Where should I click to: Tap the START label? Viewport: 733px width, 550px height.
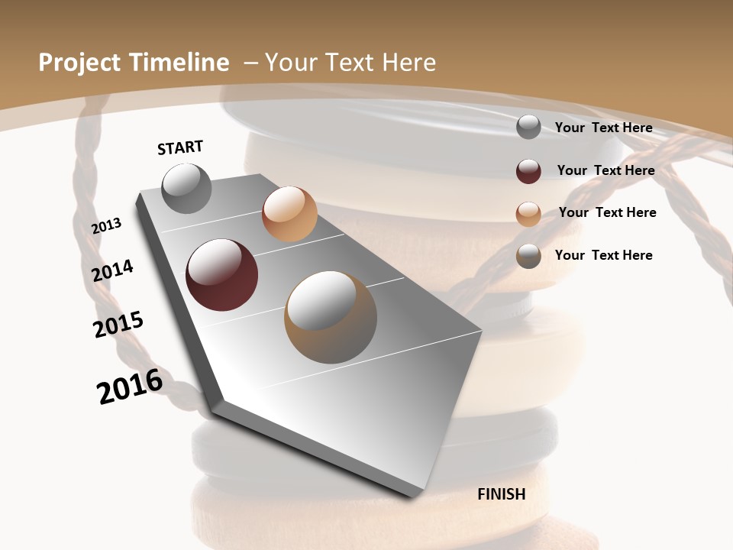[180, 147]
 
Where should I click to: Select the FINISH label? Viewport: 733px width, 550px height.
[501, 494]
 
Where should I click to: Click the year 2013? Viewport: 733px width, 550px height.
[106, 225]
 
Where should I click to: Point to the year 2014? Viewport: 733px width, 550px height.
[112, 270]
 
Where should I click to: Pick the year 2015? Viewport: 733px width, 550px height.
[118, 325]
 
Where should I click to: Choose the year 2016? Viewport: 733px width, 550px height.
[130, 386]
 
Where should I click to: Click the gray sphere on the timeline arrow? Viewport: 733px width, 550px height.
[186, 188]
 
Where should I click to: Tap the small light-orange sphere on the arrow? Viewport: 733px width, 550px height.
[289, 214]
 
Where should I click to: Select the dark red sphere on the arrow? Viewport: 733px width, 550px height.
[221, 275]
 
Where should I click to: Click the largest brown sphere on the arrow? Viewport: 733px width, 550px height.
[331, 317]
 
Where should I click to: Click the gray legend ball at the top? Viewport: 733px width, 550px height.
[528, 127]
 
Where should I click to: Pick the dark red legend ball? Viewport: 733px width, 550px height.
[528, 170]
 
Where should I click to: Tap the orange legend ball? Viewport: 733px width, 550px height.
[528, 213]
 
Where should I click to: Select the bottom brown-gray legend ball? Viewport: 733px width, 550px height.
[528, 256]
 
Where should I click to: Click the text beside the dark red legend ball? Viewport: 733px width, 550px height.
[605, 170]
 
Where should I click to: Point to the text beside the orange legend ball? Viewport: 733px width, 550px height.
[607, 212]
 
